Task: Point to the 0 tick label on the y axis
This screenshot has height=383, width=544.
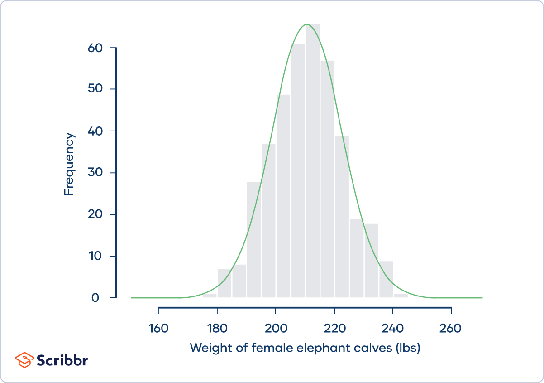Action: [x=95, y=298]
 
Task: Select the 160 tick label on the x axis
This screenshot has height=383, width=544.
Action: [x=159, y=328]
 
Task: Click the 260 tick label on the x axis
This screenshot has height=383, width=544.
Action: [x=451, y=328]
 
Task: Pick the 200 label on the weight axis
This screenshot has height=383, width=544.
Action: [x=276, y=328]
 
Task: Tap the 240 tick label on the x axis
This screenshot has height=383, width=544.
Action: [x=392, y=328]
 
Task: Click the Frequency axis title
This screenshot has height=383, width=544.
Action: [x=69, y=164]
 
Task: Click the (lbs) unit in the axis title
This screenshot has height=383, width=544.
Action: [x=408, y=348]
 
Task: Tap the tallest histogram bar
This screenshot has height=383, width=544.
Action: [x=313, y=163]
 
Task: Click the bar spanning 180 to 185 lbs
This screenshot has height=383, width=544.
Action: [x=224, y=283]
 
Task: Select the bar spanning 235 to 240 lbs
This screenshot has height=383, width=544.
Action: [x=386, y=279]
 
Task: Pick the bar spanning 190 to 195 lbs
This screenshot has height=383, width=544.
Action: [x=254, y=240]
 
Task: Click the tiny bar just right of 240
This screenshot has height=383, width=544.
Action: [x=401, y=296]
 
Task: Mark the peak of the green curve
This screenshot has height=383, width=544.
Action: [x=307, y=24]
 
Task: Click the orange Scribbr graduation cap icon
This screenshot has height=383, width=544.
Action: [x=24, y=360]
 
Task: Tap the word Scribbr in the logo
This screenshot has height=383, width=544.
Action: [x=62, y=360]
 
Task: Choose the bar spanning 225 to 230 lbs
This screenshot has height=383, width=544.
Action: [x=357, y=258]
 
